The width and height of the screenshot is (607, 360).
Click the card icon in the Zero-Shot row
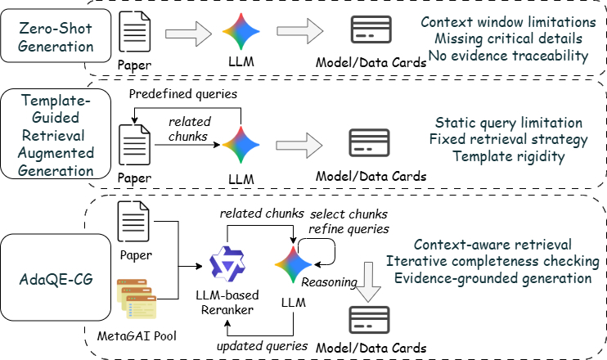coord(369,32)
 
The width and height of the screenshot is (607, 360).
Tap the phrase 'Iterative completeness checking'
coord(503,261)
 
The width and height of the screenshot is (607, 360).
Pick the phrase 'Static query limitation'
coord(508,123)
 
